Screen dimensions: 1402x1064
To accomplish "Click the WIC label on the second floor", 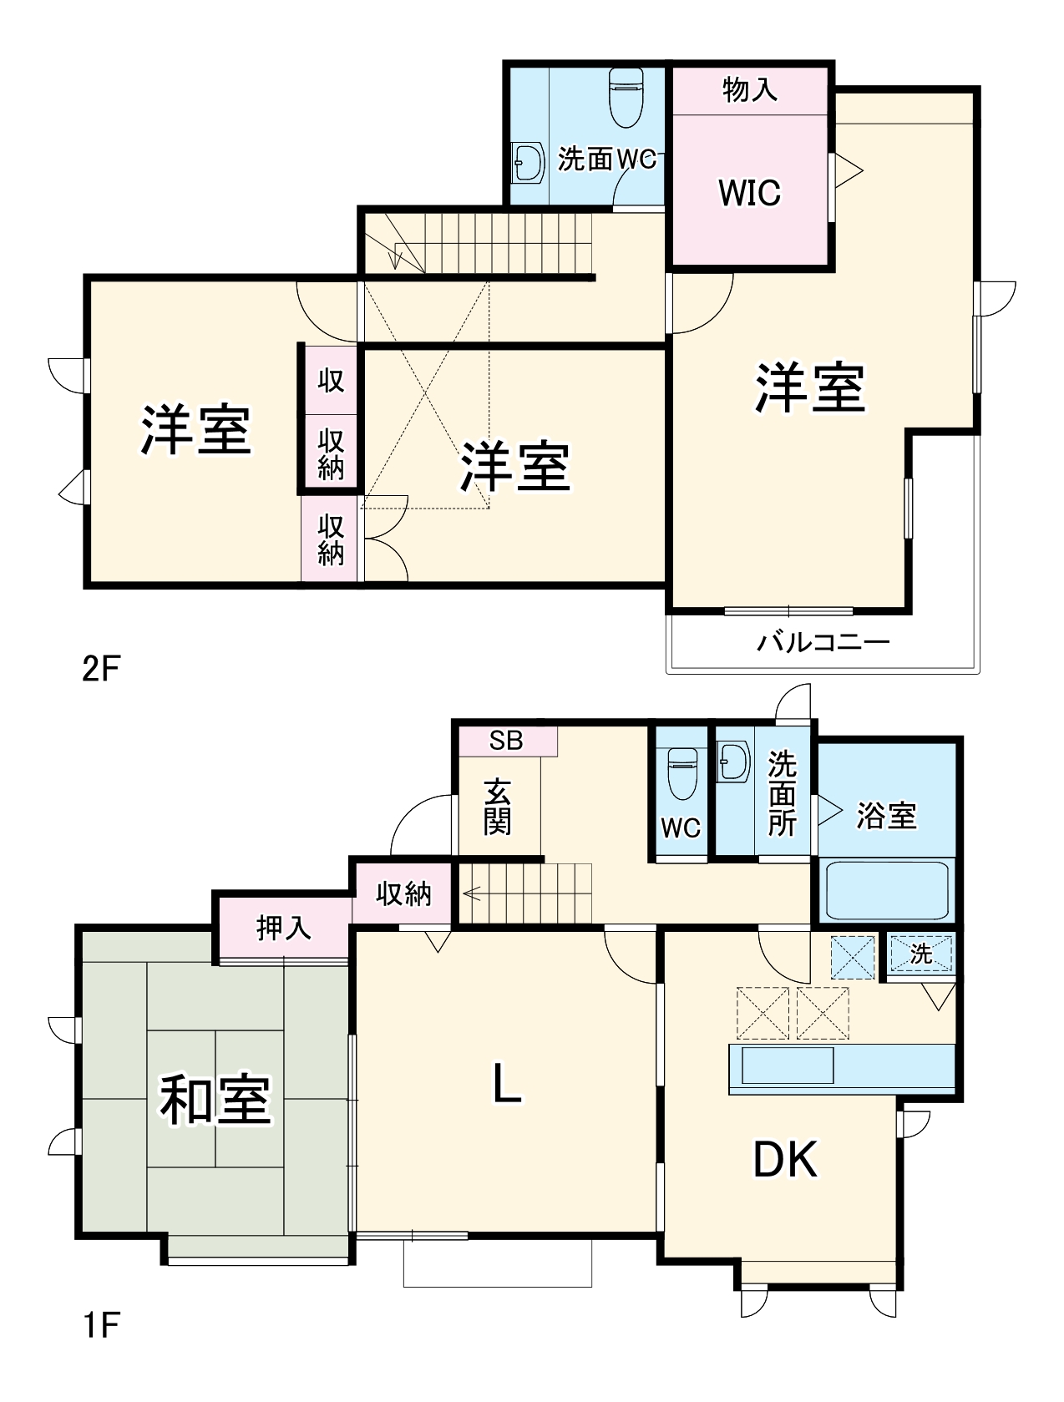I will [749, 193].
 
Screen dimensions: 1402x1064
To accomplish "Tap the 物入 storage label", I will [749, 89].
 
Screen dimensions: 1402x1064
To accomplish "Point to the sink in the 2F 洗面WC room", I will [526, 161].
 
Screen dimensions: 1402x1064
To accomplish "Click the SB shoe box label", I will [506, 741].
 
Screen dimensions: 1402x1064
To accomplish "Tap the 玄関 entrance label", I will [497, 807].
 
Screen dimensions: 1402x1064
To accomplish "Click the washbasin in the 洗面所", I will [734, 762].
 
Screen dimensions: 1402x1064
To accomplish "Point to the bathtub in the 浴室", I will [886, 889].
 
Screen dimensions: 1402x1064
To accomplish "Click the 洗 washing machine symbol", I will [920, 954].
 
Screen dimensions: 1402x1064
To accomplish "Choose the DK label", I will [785, 1159].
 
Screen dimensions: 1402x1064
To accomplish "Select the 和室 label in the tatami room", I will [215, 1100].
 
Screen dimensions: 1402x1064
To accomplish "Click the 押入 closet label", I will [283, 928].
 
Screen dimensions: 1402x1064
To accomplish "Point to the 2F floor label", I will [101, 668].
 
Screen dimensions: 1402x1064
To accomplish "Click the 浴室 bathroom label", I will [886, 816].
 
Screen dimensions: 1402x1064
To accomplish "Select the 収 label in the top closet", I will [331, 380].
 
